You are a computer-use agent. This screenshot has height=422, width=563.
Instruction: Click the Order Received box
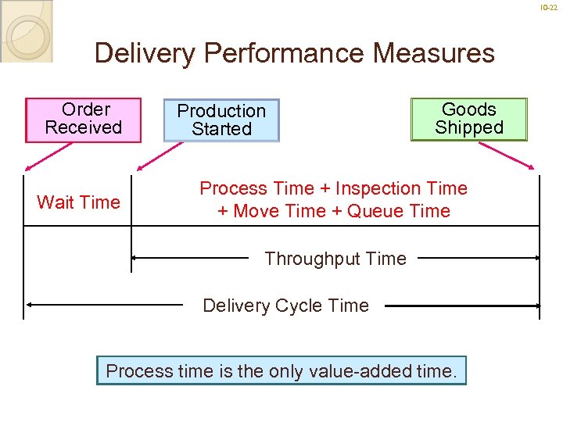pyautogui.click(x=84, y=120)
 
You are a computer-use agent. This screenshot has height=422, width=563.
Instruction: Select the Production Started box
pyautogui.click(x=221, y=120)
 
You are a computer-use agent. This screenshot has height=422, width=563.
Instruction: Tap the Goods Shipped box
pyautogui.click(x=469, y=119)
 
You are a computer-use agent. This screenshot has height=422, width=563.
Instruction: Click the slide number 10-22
pyautogui.click(x=550, y=7)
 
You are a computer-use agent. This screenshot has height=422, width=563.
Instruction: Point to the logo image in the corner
pyautogui.click(x=27, y=31)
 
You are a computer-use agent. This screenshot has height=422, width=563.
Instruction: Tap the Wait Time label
pyautogui.click(x=78, y=202)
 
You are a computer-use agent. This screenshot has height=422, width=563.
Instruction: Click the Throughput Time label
pyautogui.click(x=335, y=259)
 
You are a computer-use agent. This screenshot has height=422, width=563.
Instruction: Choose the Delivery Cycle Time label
pyautogui.click(x=285, y=306)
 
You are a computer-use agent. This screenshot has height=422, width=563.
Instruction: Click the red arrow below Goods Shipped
pyautogui.click(x=519, y=156)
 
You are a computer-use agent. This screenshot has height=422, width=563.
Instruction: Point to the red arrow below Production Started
pyautogui.click(x=149, y=157)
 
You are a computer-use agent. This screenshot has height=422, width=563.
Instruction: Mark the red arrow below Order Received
pyautogui.click(x=38, y=157)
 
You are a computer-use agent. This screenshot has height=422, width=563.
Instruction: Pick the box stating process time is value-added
pyautogui.click(x=281, y=370)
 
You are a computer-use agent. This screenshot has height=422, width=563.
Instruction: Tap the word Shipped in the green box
pyautogui.click(x=469, y=127)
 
